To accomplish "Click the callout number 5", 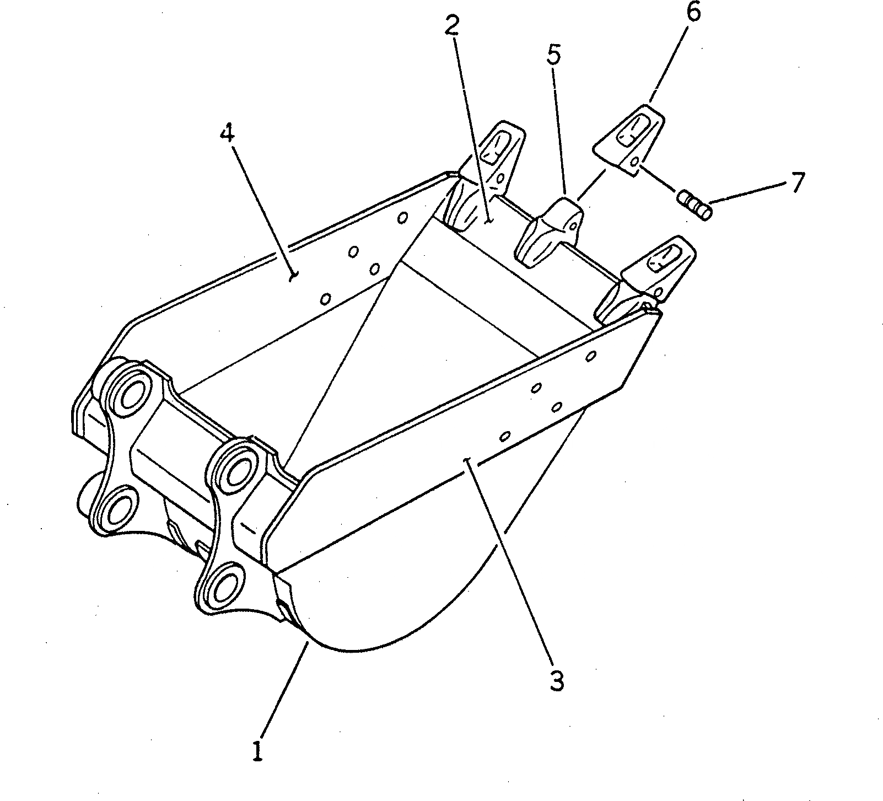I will click(x=553, y=55).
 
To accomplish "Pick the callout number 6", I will click(x=693, y=12).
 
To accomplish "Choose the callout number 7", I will click(x=798, y=182).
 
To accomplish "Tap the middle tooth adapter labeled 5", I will click(x=548, y=232).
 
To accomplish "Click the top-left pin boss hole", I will click(x=127, y=393).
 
